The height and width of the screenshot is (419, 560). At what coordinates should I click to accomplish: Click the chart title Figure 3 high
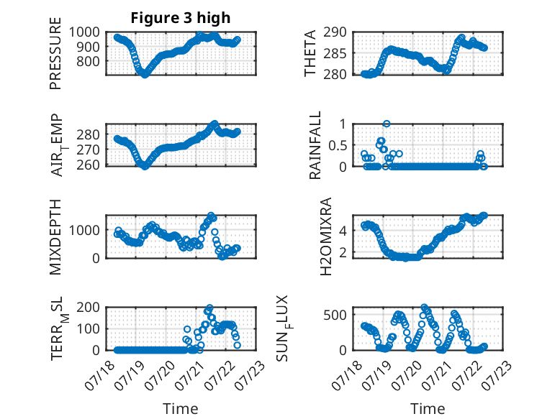181,18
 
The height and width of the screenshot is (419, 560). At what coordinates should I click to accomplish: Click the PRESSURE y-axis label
55,53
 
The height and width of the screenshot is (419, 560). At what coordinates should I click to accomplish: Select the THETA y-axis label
310,53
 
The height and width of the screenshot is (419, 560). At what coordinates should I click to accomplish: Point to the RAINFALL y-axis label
315,145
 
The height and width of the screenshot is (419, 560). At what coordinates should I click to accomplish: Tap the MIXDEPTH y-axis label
55,237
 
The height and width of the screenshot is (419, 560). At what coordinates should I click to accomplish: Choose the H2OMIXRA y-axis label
326,236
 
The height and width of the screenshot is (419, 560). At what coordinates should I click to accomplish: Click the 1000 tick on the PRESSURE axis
84,32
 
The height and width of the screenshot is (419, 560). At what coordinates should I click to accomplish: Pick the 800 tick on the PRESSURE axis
88,61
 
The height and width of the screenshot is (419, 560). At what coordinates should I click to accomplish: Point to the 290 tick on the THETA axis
335,32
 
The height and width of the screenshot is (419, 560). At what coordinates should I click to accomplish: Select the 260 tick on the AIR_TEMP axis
88,165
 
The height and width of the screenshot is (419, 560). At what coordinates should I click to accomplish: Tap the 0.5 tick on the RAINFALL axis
337,145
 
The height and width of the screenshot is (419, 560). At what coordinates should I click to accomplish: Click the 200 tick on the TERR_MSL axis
88,307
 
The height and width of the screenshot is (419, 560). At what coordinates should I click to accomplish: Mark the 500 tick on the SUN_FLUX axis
335,315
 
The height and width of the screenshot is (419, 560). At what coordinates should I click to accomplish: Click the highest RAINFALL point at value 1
387,124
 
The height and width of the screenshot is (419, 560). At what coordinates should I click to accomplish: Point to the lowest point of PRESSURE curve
144,75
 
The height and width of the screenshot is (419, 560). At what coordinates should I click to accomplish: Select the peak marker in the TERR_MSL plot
209,308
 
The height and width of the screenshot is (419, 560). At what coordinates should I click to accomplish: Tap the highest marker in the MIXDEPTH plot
211,216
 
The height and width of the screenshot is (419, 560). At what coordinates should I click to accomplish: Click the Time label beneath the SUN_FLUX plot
428,409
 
